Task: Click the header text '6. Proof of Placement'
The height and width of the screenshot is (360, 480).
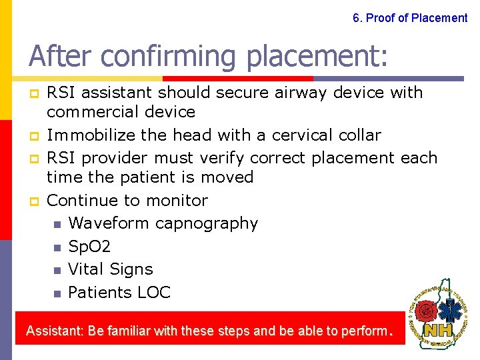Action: point(410,18)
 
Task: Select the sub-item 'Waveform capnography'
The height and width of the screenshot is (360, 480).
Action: point(163,223)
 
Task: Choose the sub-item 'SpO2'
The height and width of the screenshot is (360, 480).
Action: point(89,247)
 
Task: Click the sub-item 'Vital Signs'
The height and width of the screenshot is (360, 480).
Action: point(111,269)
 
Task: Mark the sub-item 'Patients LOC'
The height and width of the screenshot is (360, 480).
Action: point(119,292)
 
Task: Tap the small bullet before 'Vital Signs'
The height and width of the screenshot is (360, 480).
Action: point(57,270)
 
